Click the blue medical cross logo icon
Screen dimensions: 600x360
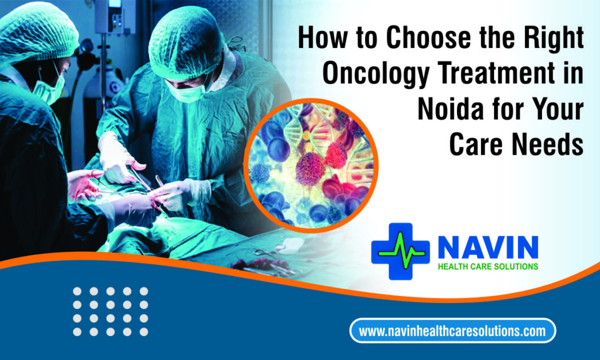click(x=400, y=251)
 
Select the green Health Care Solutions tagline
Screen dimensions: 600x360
click(x=488, y=267)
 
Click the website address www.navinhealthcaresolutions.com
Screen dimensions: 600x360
click(x=452, y=331)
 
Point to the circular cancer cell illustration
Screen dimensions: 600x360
click(x=311, y=165)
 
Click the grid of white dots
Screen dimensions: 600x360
click(x=111, y=312)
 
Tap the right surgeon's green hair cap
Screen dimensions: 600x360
click(x=186, y=42)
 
